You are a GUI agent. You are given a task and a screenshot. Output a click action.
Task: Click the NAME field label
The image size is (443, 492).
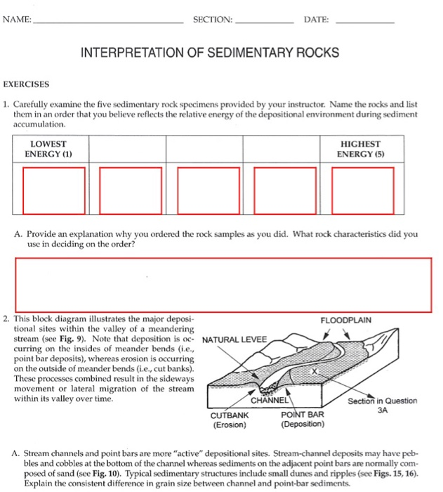click(x=17, y=19)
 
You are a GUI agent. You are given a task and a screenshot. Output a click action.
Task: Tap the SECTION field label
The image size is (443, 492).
click(x=212, y=19)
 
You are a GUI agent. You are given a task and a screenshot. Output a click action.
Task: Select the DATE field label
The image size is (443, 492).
click(x=316, y=19)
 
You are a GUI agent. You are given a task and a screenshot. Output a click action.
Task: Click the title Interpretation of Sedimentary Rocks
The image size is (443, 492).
click(x=211, y=53)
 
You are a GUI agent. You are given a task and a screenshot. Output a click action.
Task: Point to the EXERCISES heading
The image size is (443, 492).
click(x=27, y=84)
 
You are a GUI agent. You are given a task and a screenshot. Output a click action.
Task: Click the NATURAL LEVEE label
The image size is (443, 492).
click(x=234, y=340)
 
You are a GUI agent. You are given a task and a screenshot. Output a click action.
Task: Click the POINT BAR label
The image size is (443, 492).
click(x=302, y=415)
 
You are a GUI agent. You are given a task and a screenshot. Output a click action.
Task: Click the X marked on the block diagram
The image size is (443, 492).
click(x=315, y=370)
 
